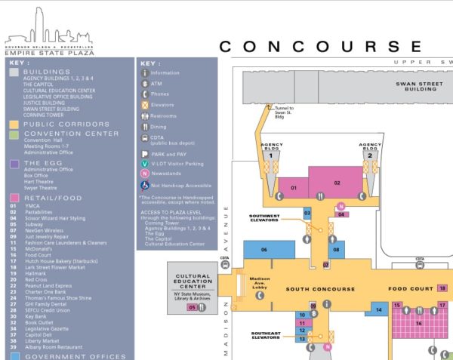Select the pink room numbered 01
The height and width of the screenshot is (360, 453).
[292, 187]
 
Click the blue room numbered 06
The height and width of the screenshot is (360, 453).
[264, 250]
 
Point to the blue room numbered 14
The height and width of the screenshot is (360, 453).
[378, 309]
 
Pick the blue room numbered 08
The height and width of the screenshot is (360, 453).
[337, 249]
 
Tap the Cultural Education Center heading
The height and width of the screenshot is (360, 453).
[192, 281]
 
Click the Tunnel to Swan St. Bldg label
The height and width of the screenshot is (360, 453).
[284, 112]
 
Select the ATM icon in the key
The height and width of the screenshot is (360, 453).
[145, 84]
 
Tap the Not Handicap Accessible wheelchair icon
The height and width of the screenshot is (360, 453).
[145, 183]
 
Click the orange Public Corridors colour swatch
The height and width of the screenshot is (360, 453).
[14, 124]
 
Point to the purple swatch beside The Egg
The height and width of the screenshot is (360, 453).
[14, 163]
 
